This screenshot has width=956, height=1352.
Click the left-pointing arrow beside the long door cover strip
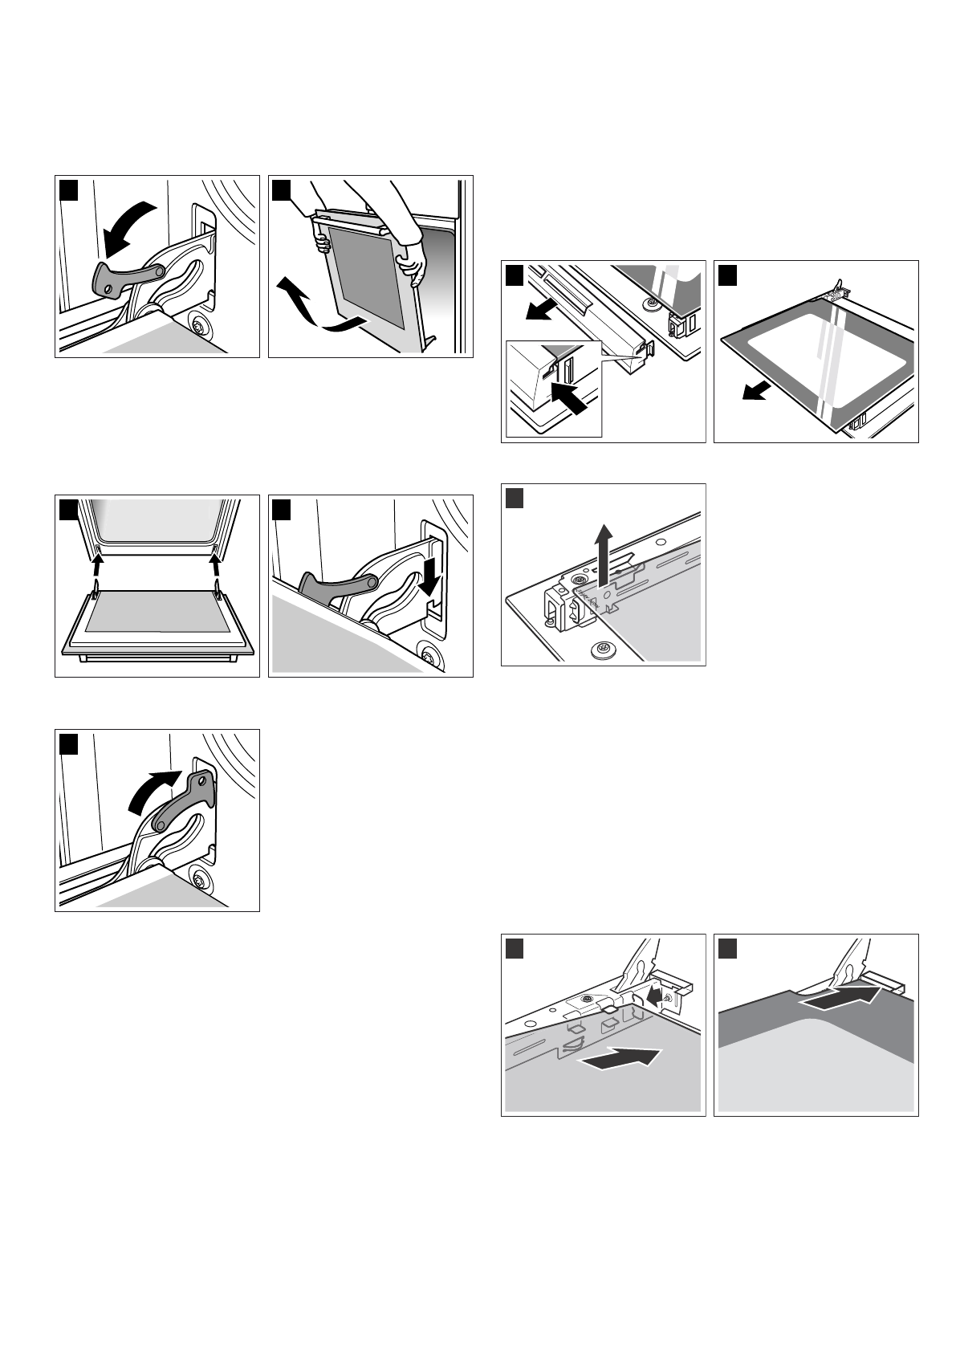tap(540, 307)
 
